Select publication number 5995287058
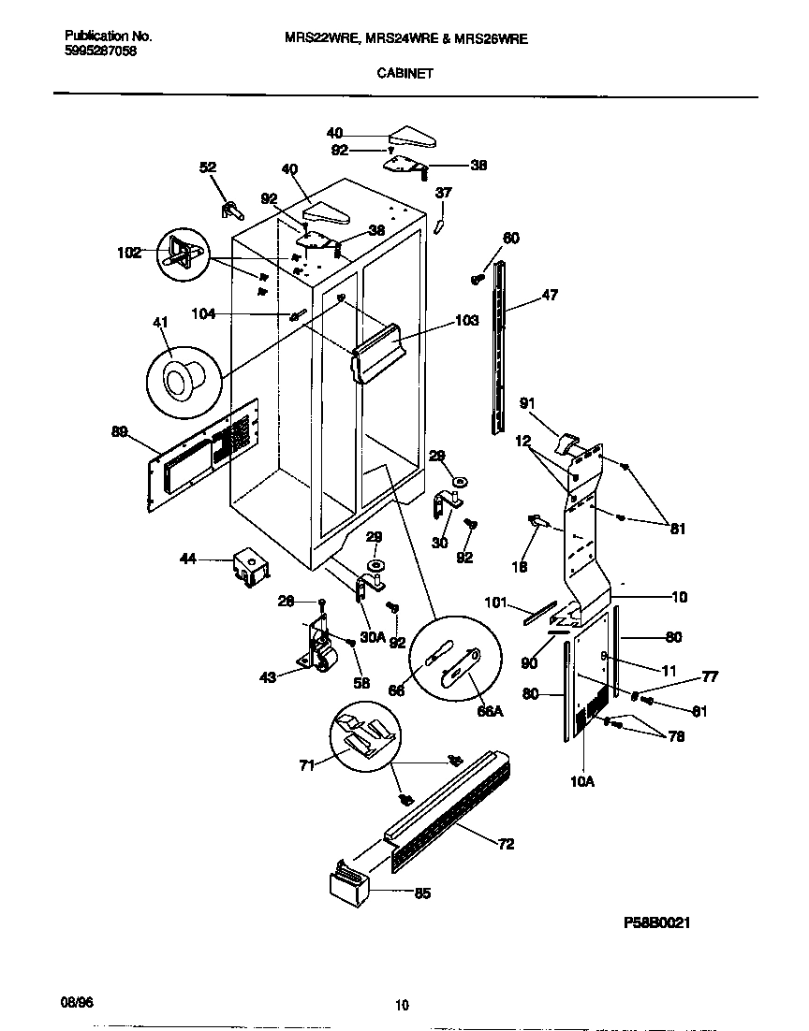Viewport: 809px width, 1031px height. (100, 51)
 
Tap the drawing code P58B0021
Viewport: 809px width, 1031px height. (656, 922)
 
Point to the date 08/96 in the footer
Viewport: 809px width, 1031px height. (78, 1001)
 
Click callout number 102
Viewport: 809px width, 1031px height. (130, 252)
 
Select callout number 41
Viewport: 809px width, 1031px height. (160, 323)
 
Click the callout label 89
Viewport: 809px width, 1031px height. (119, 431)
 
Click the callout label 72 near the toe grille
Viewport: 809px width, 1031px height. (506, 845)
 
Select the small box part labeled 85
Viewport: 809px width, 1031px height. (346, 883)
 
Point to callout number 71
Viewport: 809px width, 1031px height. (306, 764)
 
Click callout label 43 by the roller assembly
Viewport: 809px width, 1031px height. (268, 677)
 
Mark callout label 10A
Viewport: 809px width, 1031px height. (582, 779)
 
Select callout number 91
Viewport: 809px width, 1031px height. (528, 403)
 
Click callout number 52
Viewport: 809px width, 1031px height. (208, 167)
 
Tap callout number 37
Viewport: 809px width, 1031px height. (444, 193)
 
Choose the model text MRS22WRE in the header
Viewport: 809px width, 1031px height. (319, 39)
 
